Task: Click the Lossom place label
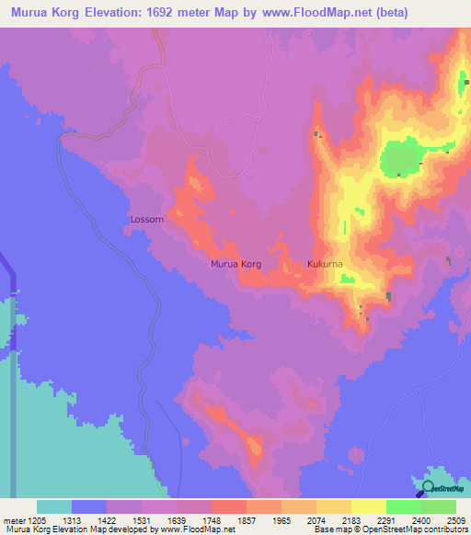147,220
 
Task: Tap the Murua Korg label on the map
236,265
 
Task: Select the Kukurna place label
325,265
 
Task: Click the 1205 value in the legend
38,519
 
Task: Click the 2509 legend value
457,519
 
